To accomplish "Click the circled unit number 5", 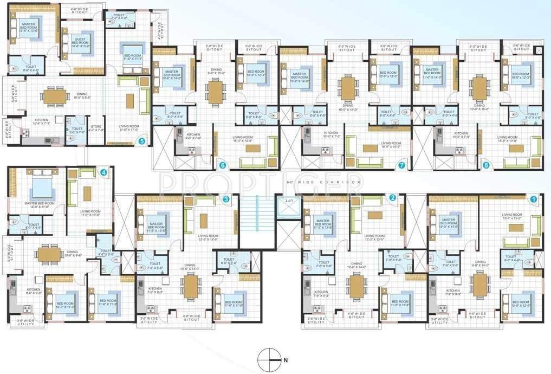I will [x=141, y=141].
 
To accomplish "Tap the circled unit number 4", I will [x=103, y=173].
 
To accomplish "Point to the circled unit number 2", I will [x=392, y=198].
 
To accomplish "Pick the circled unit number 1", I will [x=533, y=199].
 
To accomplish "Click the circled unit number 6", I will [x=222, y=165].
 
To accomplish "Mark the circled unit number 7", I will [x=401, y=165].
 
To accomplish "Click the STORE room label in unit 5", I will [x=95, y=128].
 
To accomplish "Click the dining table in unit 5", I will [x=54, y=96].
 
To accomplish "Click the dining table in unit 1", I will [x=481, y=285].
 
